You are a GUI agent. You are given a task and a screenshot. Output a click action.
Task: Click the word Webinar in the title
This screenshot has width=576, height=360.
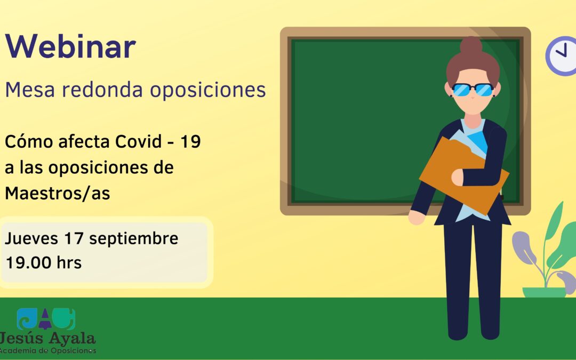point(70,47)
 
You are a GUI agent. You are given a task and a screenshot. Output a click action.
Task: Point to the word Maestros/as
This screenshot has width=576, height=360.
point(58,194)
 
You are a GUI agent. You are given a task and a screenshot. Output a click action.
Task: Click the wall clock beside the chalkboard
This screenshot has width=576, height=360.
point(562,56)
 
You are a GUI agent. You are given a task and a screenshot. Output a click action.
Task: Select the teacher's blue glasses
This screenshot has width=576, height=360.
point(473,90)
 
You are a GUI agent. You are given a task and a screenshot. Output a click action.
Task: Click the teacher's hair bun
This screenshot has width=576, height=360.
point(471,45)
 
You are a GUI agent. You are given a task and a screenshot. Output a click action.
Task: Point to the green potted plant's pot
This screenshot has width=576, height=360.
point(544,292)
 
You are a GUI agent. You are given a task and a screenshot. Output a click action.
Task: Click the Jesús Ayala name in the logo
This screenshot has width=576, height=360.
point(48,338)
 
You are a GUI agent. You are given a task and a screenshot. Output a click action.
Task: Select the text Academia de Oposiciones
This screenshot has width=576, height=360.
point(48,350)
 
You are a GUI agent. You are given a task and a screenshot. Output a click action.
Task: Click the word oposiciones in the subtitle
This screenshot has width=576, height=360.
point(207,90)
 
